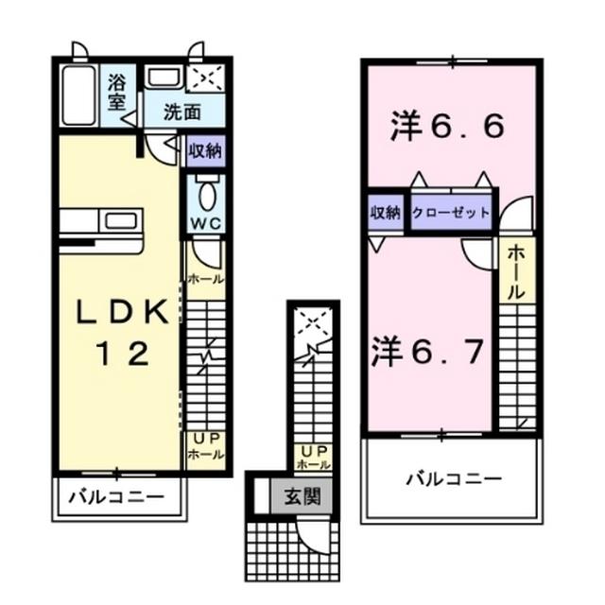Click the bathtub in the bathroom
tap(78, 95)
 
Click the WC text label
tap(205, 224)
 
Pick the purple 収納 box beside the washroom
tap(205, 150)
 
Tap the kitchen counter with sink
tap(101, 224)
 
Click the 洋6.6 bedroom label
tap(446, 127)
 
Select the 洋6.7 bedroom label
tap(427, 352)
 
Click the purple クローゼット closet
tap(452, 213)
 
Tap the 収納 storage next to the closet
tap(386, 213)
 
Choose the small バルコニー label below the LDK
tap(117, 496)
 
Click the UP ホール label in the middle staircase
tap(313, 458)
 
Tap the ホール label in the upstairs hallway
tap(518, 272)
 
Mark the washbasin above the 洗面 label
tap(166, 78)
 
